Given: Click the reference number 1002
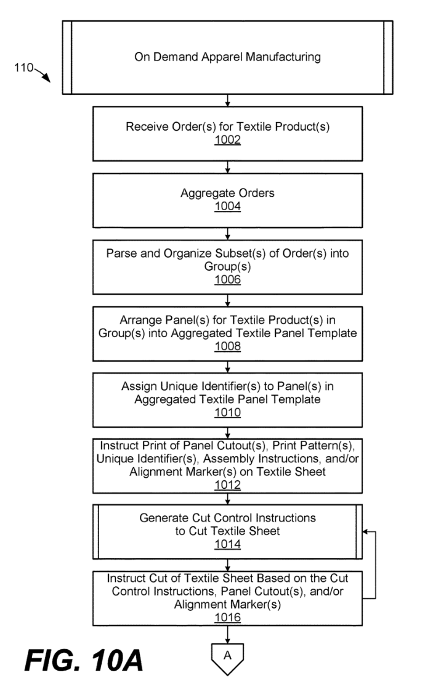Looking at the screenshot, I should pyautogui.click(x=228, y=141).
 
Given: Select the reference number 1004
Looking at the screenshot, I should pyautogui.click(x=228, y=206).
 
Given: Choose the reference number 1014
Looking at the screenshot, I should pyautogui.click(x=228, y=544).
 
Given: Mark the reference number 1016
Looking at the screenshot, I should pyautogui.click(x=228, y=616).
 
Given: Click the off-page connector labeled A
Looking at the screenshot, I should pyautogui.click(x=228, y=657).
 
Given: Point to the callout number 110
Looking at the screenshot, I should pyautogui.click(x=24, y=68).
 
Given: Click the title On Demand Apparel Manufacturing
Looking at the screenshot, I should pyautogui.click(x=228, y=57).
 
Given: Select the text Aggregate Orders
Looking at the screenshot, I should pyautogui.click(x=228, y=193).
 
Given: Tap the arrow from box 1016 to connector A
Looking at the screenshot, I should pyautogui.click(x=228, y=633).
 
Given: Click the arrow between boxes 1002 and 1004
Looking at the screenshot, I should pyautogui.click(x=228, y=168).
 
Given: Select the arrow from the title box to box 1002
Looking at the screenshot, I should pyautogui.click(x=228, y=101).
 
